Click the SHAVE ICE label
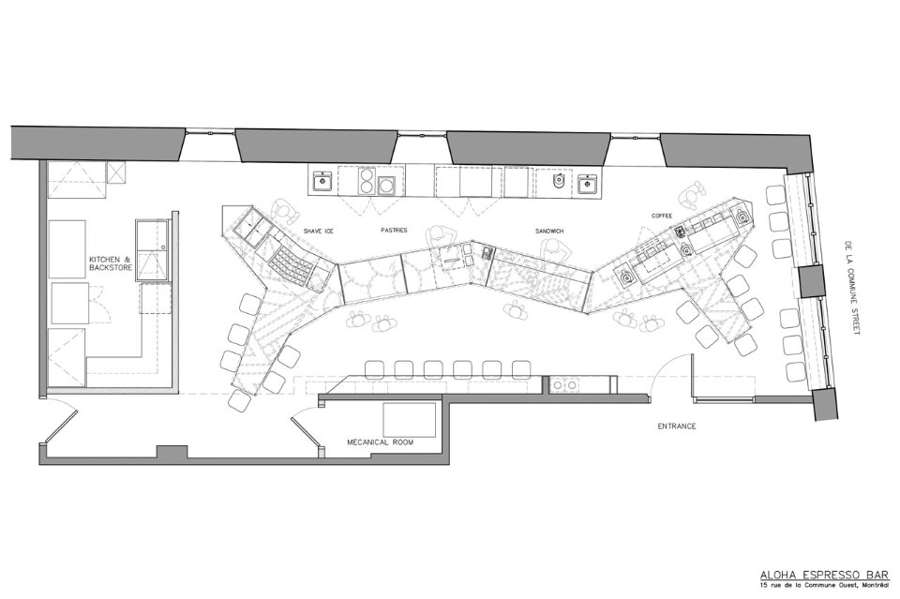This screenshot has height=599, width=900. (x=318, y=232)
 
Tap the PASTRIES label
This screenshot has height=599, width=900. (x=394, y=230)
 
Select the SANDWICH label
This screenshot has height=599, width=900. (x=549, y=231)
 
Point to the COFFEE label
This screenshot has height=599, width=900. (x=661, y=216)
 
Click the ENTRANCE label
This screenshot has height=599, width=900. (x=677, y=427)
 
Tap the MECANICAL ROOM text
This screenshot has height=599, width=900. (x=380, y=442)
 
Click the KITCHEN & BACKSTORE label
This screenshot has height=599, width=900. (x=111, y=264)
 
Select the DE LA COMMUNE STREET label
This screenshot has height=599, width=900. (x=849, y=287)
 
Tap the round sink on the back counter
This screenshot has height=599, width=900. (x=558, y=181)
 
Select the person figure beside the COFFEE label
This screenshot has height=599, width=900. (x=692, y=196)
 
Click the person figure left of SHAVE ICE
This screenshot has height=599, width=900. (x=285, y=212)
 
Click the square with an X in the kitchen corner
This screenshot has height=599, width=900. (x=116, y=172)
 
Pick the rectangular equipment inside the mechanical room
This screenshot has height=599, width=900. (x=410, y=419)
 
